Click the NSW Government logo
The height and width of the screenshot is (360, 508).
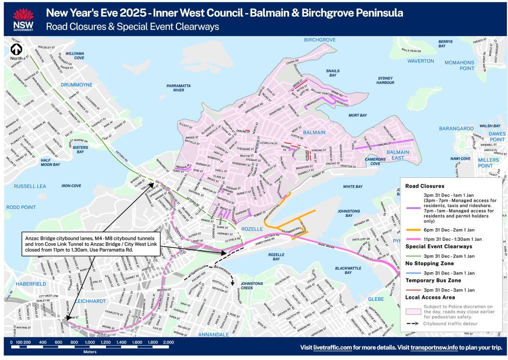22,19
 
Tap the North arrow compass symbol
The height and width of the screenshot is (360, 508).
17,51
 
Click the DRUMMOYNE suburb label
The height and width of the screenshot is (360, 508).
76,85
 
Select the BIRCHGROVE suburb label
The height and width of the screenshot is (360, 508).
320,40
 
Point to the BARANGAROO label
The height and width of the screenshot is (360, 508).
456,128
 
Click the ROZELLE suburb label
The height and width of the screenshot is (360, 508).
253,229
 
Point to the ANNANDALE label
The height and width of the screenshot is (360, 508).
213,335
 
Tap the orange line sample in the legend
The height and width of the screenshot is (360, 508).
413,229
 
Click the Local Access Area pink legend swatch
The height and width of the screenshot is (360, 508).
413,310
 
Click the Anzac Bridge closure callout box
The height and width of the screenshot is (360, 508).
90,243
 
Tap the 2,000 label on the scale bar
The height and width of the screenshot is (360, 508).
169,343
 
